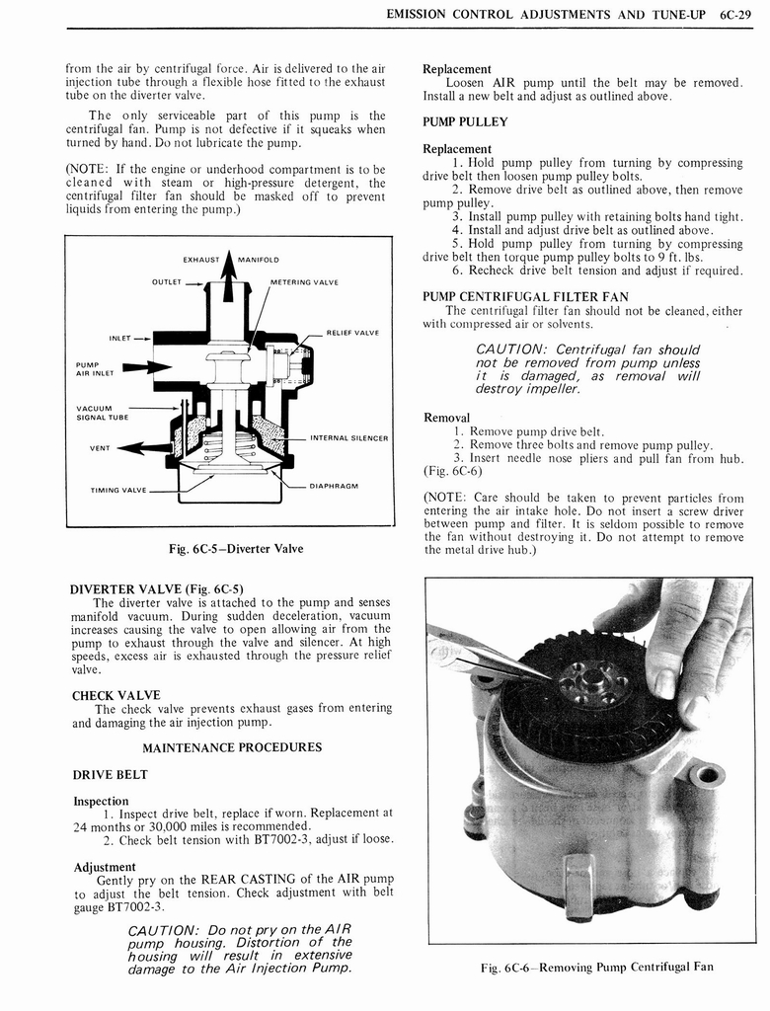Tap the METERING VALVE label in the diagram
click(304, 282)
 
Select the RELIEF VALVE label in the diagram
click(352, 333)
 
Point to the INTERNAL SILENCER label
click(348, 437)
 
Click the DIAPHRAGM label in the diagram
click(333, 486)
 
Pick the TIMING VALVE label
click(117, 490)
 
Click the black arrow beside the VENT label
click(143, 447)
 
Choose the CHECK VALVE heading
click(115, 695)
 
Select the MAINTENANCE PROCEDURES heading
click(232, 747)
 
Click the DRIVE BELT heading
click(112, 774)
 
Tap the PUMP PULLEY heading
click(465, 122)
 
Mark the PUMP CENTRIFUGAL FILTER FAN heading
click(525, 296)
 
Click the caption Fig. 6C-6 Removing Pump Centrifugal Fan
click(596, 967)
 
